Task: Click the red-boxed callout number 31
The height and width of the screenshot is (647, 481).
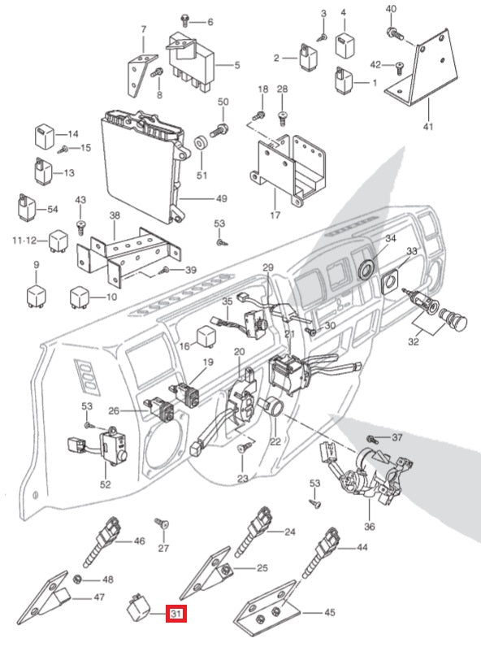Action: tap(176, 614)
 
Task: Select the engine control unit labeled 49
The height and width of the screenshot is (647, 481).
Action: tap(145, 165)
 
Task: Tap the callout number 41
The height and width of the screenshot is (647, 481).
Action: tap(428, 126)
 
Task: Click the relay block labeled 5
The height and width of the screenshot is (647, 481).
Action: tap(191, 60)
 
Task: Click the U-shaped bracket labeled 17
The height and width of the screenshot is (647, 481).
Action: tap(288, 169)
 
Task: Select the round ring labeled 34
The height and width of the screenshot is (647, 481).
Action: tap(366, 269)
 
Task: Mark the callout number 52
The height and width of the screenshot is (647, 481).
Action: tap(105, 484)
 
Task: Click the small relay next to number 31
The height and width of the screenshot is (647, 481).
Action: tap(139, 606)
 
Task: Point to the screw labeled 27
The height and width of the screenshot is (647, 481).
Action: tap(162, 524)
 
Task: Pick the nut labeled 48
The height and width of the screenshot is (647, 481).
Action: tap(76, 580)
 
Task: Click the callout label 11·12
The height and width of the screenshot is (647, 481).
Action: tap(24, 240)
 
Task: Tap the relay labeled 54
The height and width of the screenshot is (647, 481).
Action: tap(26, 206)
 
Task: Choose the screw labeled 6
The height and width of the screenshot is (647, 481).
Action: tap(185, 20)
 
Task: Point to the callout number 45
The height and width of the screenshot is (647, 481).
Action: tap(330, 612)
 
